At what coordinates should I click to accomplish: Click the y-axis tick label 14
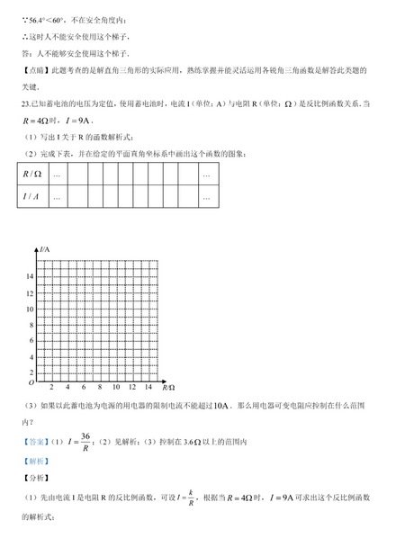tap(31, 276)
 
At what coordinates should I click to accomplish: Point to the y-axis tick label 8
tap(32, 324)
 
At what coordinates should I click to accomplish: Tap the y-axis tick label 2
tap(32, 372)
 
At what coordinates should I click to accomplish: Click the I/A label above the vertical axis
tap(44, 247)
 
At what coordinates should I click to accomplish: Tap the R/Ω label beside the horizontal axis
tap(168, 387)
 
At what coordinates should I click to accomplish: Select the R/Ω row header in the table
tap(33, 175)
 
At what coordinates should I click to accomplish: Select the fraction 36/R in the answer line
tap(85, 441)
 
